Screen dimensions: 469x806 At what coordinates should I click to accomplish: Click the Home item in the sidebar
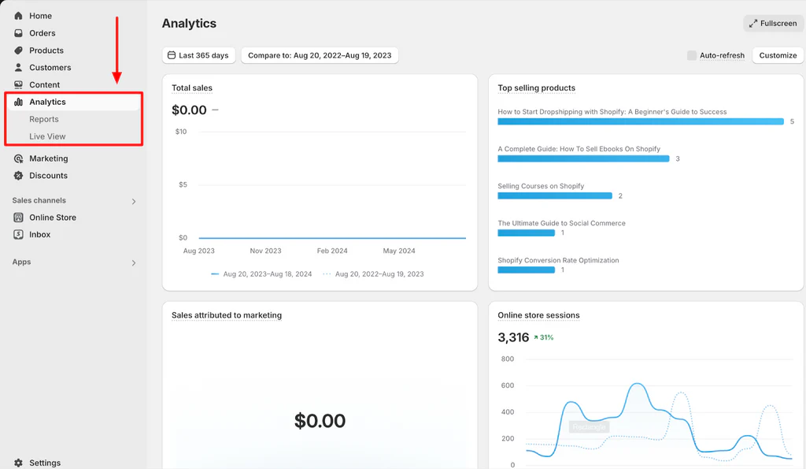coord(40,16)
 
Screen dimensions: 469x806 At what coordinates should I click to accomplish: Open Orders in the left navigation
coord(42,33)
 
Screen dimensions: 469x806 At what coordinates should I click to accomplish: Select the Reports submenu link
coord(44,119)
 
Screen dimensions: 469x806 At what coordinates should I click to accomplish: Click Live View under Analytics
coord(47,136)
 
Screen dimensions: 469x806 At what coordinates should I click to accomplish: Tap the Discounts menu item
coord(48,176)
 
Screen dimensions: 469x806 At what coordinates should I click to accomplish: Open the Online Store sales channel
coord(52,218)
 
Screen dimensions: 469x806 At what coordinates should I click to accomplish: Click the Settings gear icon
coord(18,463)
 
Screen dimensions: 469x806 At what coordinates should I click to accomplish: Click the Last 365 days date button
coord(198,55)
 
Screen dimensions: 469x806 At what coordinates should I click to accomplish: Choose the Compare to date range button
coord(320,55)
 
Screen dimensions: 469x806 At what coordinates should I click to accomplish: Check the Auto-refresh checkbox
coord(692,55)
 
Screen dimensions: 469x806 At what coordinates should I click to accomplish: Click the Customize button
coord(778,55)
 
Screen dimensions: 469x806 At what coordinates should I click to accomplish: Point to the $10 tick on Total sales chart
coord(180,132)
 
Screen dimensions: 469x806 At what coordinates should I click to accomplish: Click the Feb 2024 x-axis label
coord(332,251)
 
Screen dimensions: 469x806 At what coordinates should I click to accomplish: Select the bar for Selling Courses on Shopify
coord(554,195)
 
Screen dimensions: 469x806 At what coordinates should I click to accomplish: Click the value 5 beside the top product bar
coord(792,121)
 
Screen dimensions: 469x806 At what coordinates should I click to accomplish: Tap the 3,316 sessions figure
coord(513,337)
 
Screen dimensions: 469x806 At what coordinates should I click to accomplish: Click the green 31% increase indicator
coord(543,337)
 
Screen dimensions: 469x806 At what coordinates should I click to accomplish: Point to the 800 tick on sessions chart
coord(507,359)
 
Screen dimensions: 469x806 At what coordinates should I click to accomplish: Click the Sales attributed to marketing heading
coord(227,315)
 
